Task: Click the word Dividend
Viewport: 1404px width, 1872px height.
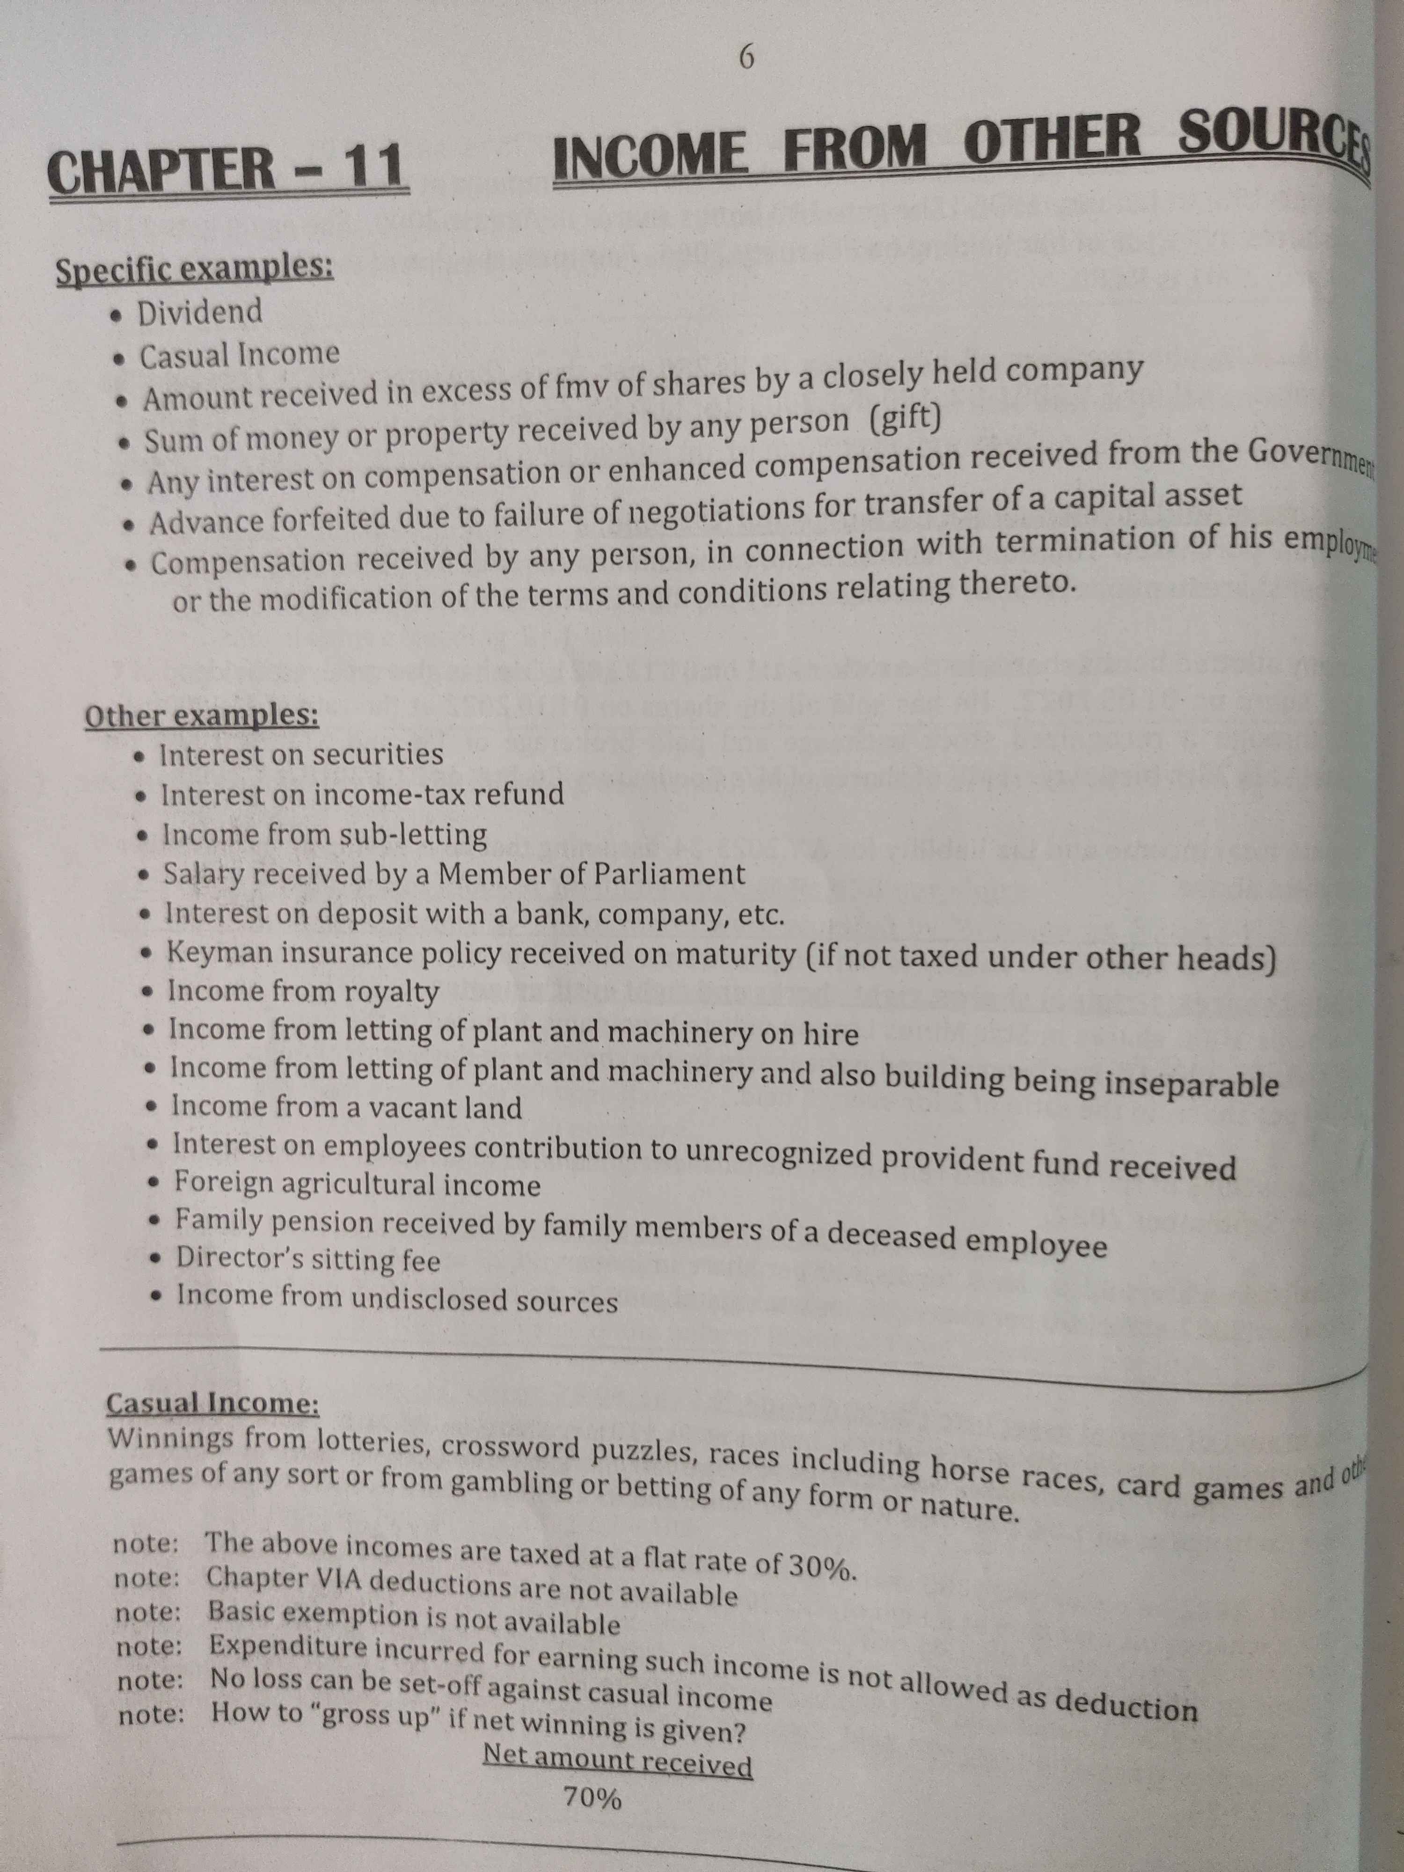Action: pyautogui.click(x=200, y=312)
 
